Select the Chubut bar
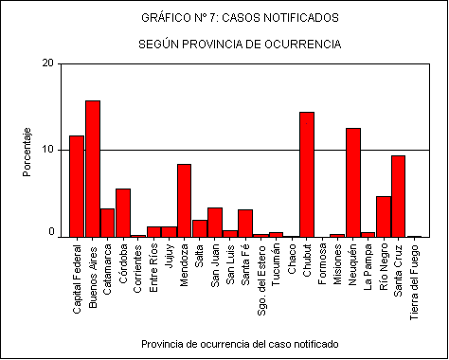pyautogui.click(x=307, y=174)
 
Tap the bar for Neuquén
pyautogui.click(x=352, y=182)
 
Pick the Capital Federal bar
pyautogui.click(x=77, y=186)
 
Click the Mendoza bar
pyautogui.click(x=184, y=200)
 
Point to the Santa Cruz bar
pyautogui.click(x=398, y=196)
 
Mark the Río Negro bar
pyautogui.click(x=383, y=216)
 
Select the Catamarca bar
pyautogui.click(x=108, y=223)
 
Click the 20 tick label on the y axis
pyautogui.click(x=48, y=63)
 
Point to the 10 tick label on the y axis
pyautogui.click(x=48, y=150)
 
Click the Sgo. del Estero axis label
pyautogui.click(x=260, y=276)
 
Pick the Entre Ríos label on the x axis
pyautogui.click(x=153, y=264)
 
